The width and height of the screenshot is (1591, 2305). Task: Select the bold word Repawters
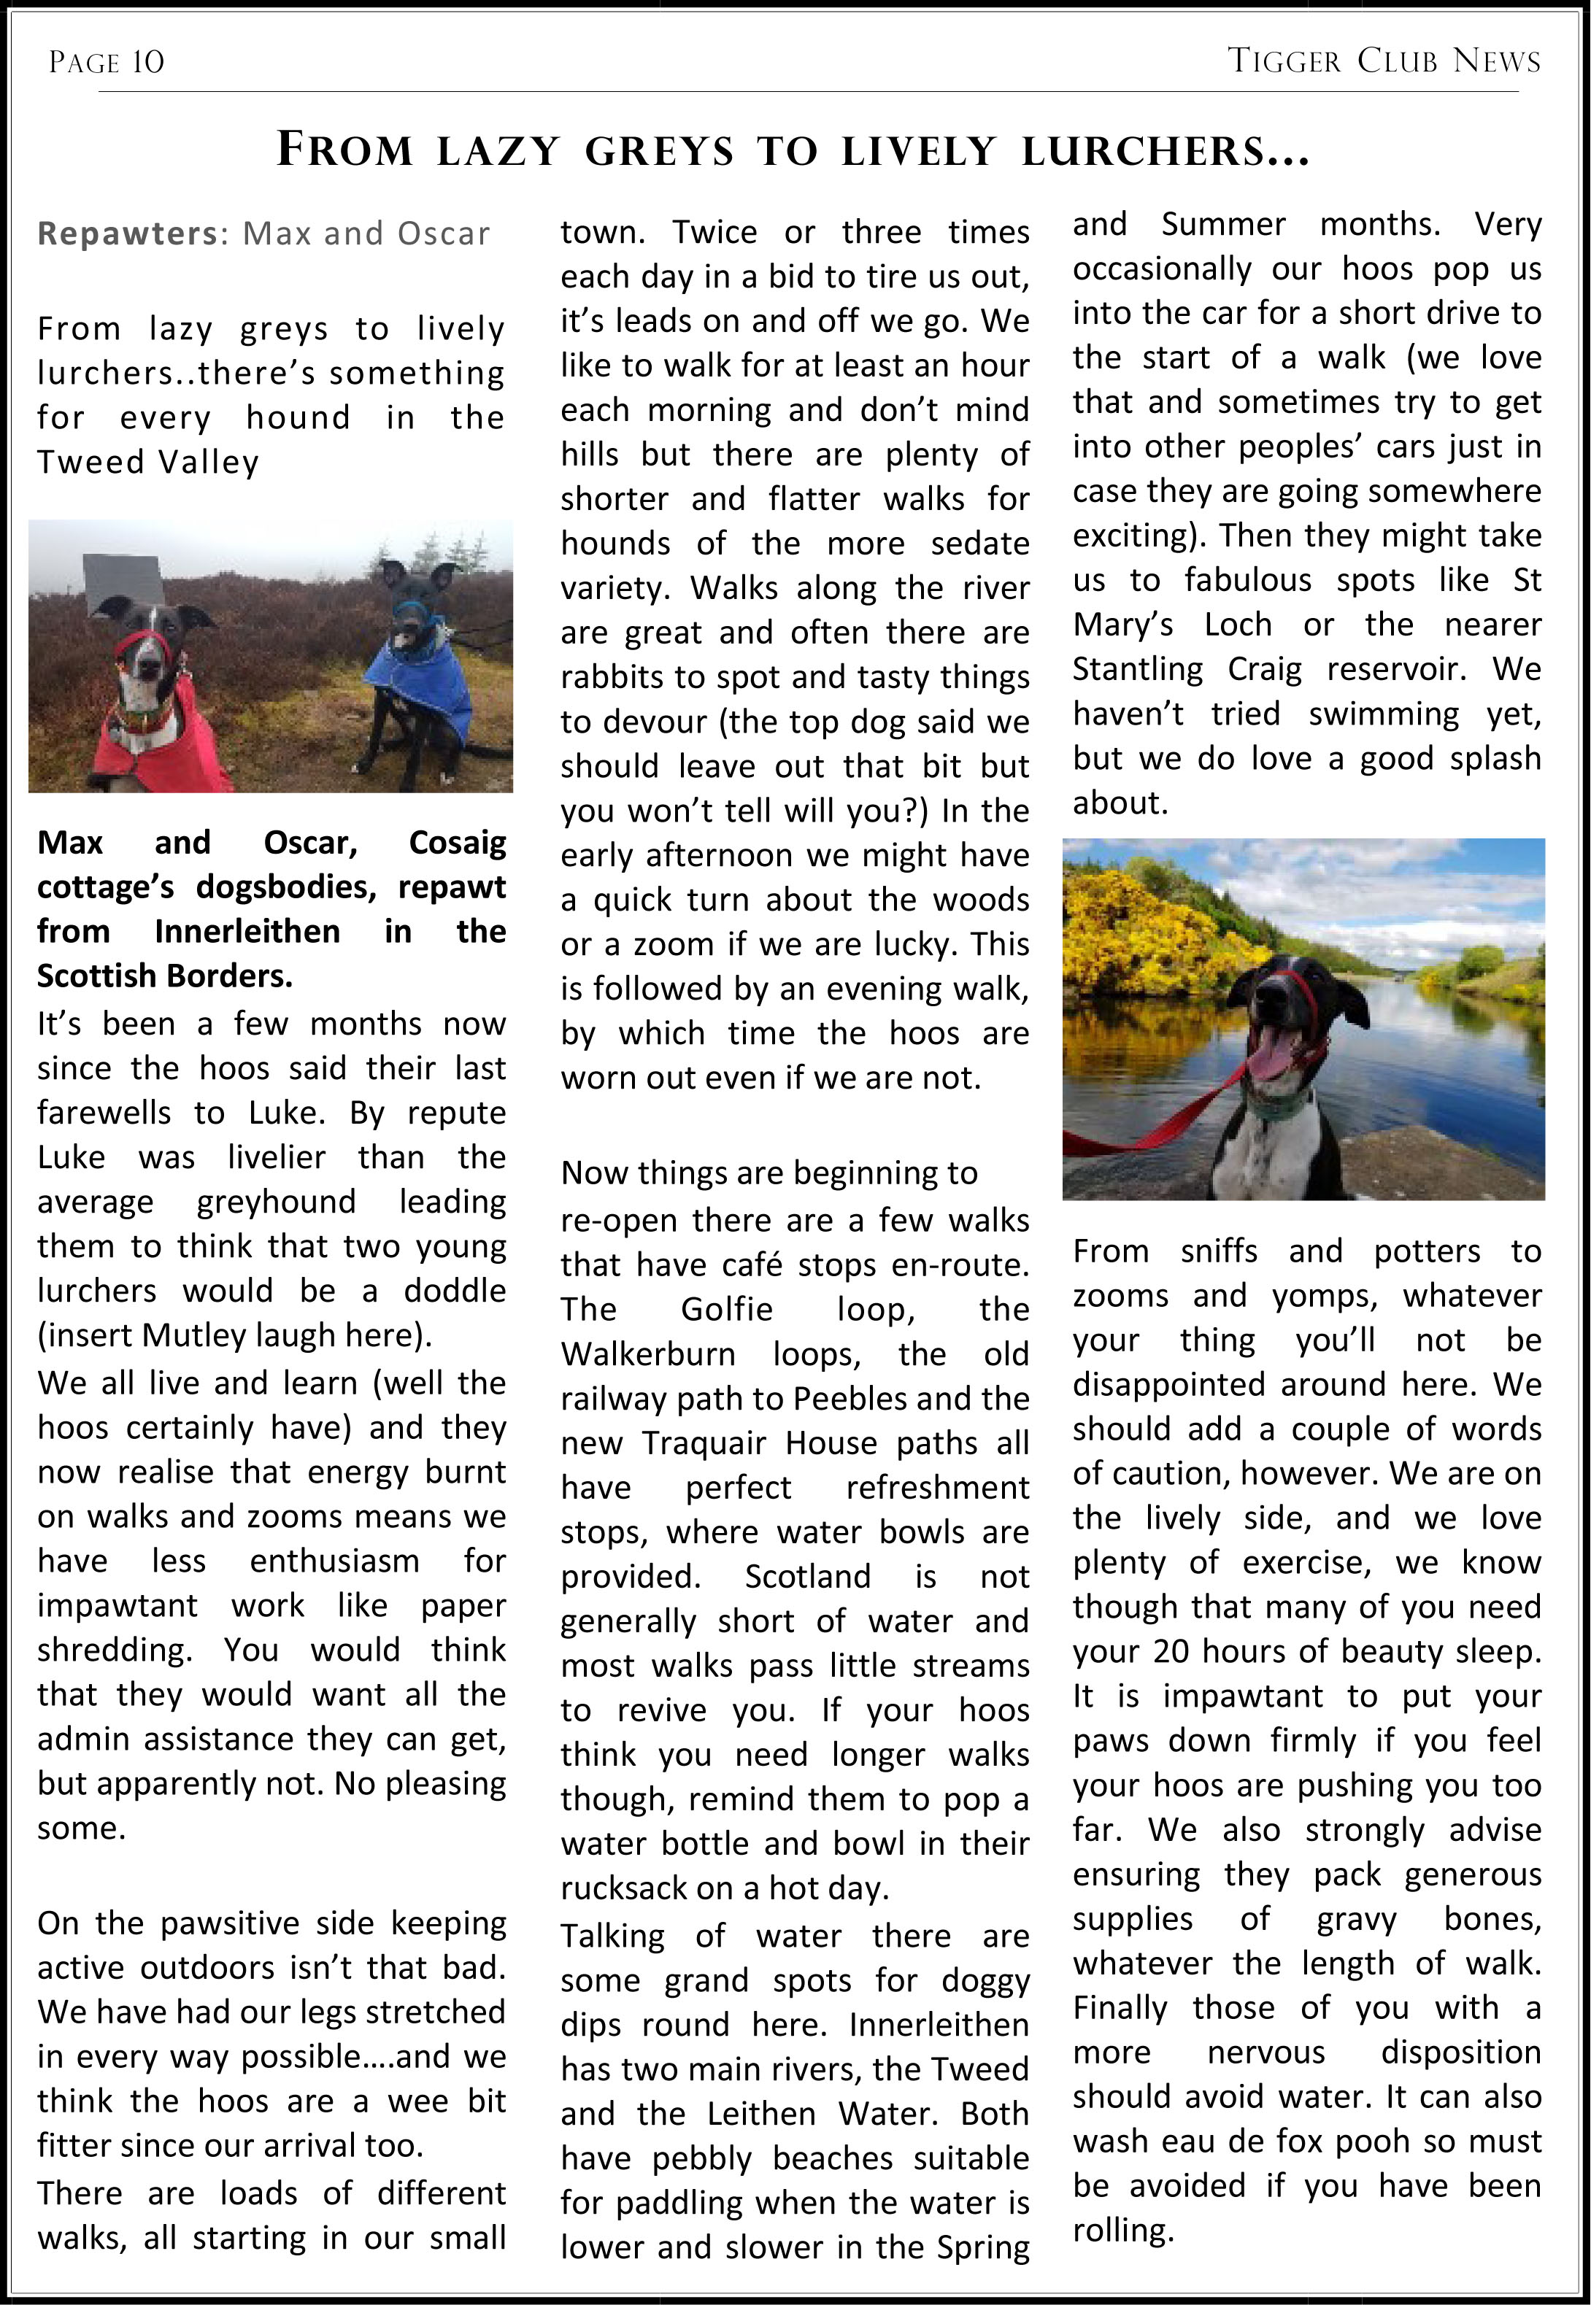pyautogui.click(x=126, y=233)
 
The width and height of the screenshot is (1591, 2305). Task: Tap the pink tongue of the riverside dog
pyautogui.click(x=1271, y=1057)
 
